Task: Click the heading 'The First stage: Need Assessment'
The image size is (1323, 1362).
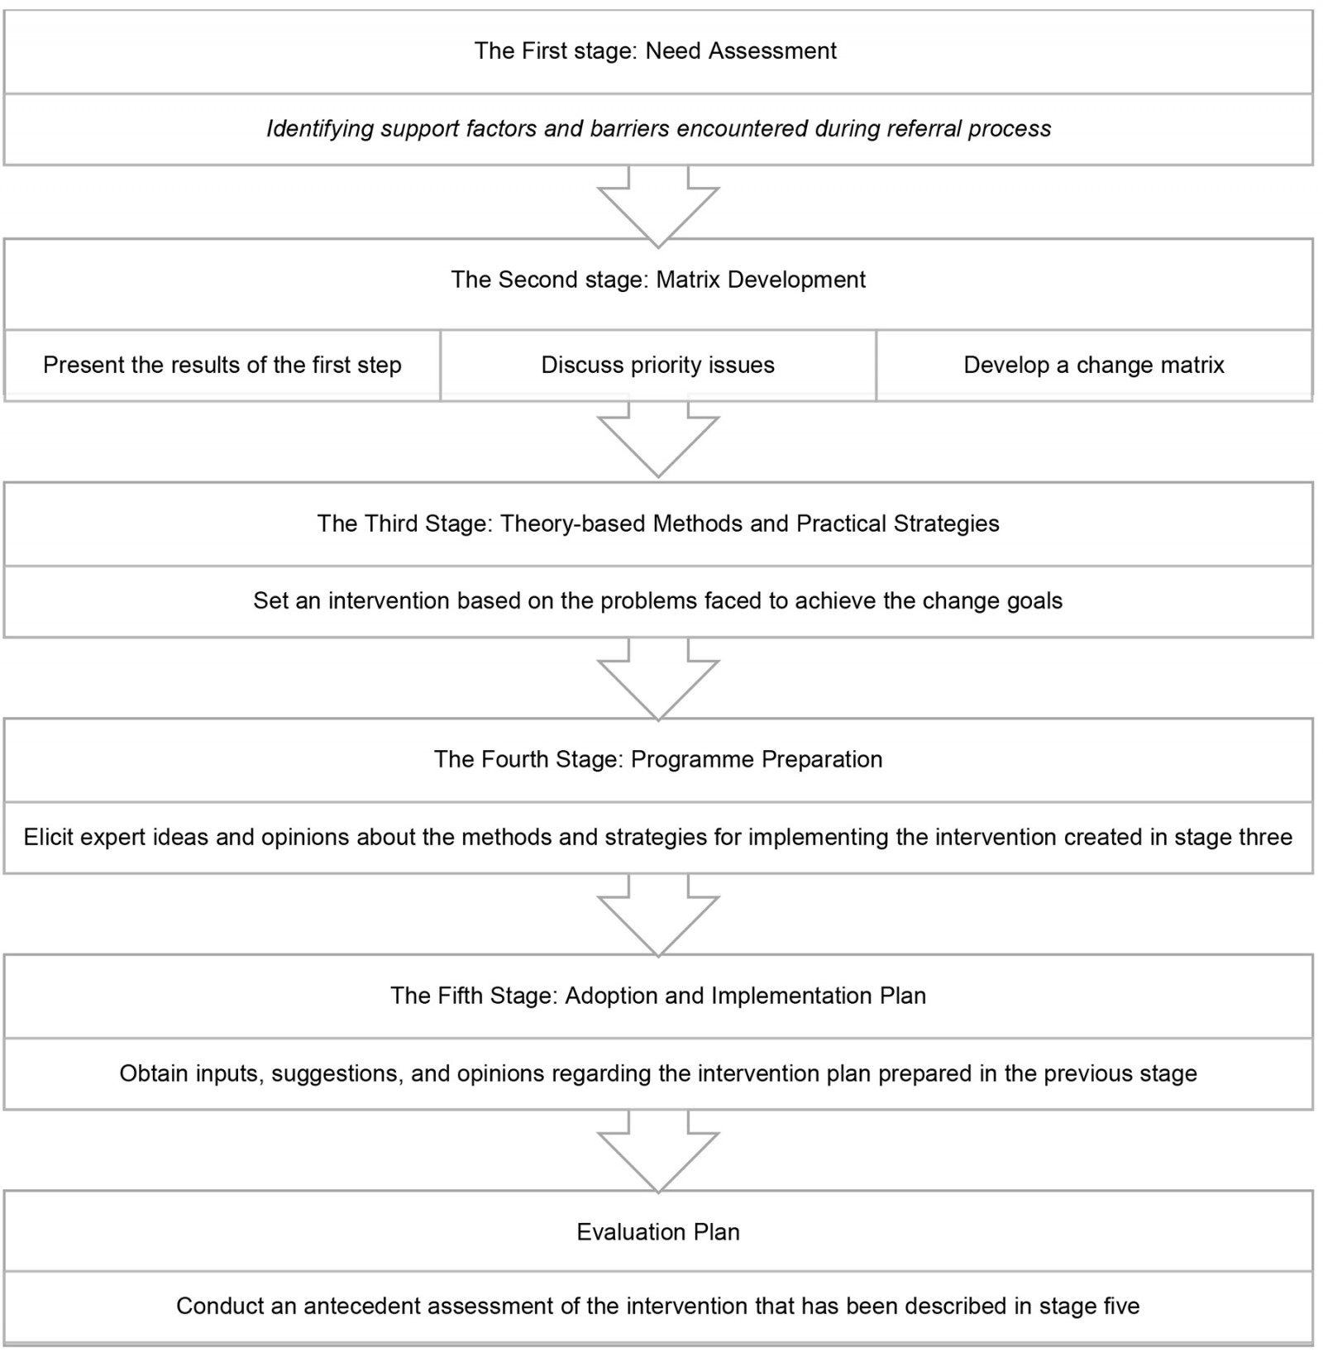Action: (x=655, y=51)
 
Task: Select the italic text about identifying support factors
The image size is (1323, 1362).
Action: (x=658, y=129)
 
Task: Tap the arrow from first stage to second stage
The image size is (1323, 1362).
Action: (x=658, y=203)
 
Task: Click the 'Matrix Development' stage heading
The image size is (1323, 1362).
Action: (x=658, y=280)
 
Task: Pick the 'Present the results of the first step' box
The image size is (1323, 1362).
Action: (x=222, y=366)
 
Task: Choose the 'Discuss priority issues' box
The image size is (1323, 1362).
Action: (x=658, y=366)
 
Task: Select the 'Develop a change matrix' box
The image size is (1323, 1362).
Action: (x=1093, y=366)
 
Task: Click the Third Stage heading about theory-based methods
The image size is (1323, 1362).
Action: (x=658, y=523)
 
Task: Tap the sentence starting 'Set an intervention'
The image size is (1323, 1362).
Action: (x=658, y=601)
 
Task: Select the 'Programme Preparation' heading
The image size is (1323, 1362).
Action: (x=658, y=760)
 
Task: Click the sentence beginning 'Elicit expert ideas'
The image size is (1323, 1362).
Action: (x=658, y=838)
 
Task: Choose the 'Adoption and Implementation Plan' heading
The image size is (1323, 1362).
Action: (x=658, y=996)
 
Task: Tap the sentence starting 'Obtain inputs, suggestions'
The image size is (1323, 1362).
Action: (x=658, y=1074)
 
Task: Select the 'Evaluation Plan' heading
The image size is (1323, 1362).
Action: (x=658, y=1232)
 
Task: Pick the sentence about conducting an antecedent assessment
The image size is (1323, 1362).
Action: (x=658, y=1307)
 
